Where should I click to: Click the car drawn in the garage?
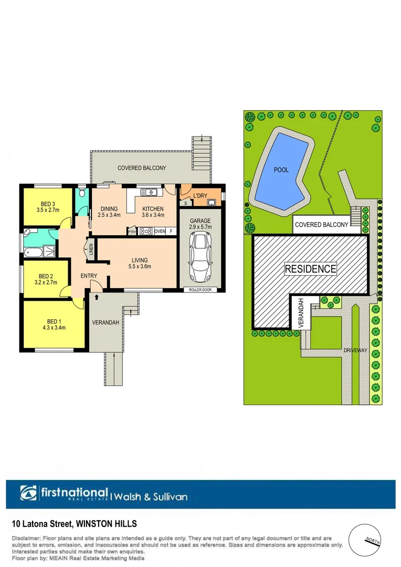tap(199, 257)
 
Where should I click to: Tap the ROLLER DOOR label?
tap(199, 289)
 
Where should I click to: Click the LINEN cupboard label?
tap(91, 249)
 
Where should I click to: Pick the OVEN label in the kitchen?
tap(160, 231)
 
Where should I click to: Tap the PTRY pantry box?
tap(132, 231)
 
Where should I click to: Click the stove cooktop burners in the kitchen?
tap(145, 230)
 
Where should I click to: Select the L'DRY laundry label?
tap(201, 196)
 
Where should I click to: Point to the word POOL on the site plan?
tap(281, 170)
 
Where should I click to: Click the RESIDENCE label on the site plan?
tap(310, 269)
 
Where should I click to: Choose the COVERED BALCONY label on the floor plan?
tap(142, 168)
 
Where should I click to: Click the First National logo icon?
tap(29, 493)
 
